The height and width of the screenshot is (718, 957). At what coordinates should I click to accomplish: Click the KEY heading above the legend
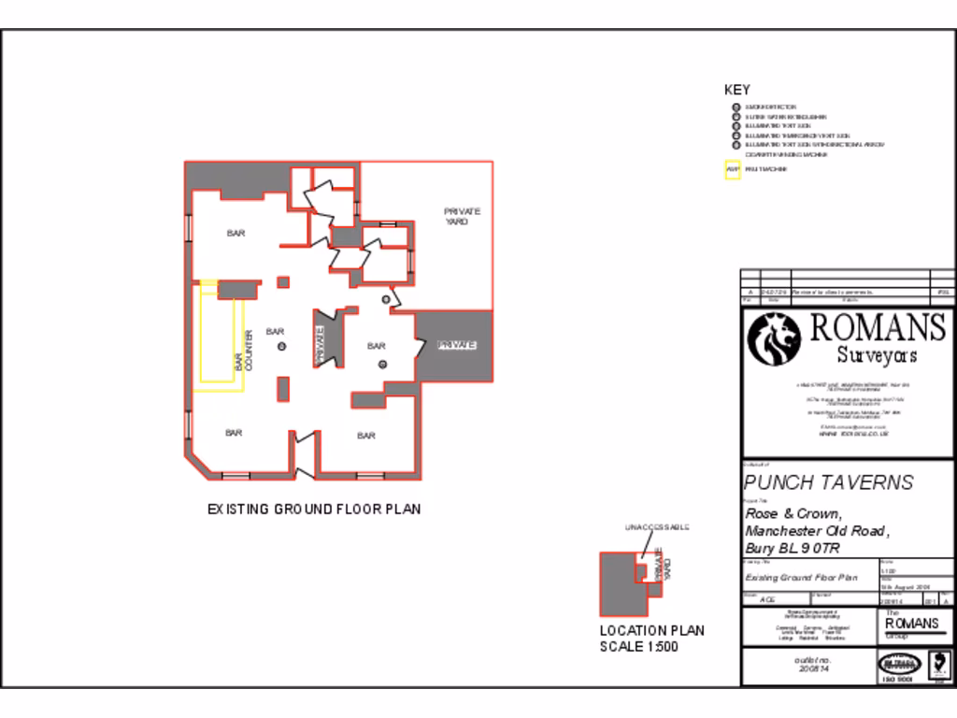tap(737, 91)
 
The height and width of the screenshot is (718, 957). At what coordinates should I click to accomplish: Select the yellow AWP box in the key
tap(733, 170)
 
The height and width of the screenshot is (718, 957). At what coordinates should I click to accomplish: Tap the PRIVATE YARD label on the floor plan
tap(463, 216)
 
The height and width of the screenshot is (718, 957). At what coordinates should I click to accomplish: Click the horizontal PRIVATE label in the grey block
tap(457, 345)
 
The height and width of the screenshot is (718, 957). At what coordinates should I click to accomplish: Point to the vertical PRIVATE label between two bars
tap(320, 344)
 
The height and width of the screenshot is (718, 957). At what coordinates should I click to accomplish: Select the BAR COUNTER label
tap(243, 351)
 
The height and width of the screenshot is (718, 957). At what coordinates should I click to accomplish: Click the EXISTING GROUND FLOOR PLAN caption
tap(314, 510)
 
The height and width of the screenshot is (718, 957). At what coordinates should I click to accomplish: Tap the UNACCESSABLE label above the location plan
tap(657, 528)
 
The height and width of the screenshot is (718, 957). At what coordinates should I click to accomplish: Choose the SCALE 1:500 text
tap(639, 647)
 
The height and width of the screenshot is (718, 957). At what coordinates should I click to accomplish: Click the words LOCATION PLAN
tap(652, 631)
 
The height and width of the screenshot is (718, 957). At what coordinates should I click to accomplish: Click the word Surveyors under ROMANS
tap(876, 355)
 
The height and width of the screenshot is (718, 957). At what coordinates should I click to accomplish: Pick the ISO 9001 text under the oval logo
tap(896, 680)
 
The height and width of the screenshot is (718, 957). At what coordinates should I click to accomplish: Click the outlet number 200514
tap(808, 669)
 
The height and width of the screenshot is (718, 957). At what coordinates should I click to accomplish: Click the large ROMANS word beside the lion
tap(877, 327)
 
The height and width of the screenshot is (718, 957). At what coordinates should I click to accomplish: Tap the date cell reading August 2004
tap(904, 585)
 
